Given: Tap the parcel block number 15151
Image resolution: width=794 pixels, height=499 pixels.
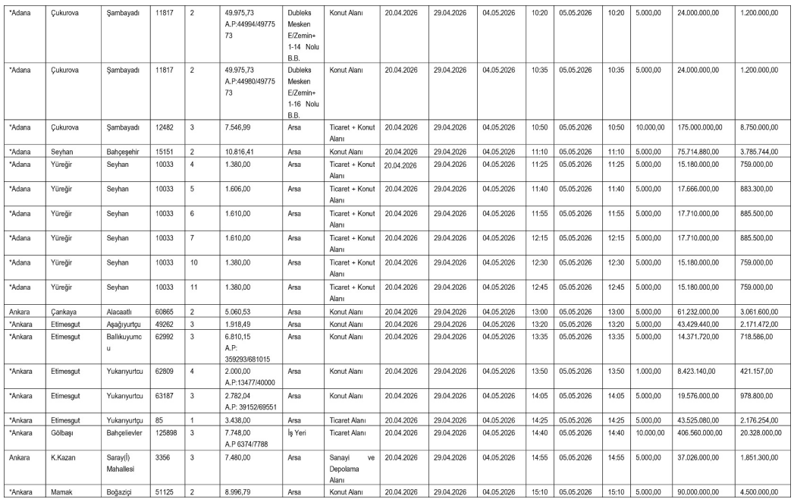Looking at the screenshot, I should [x=164, y=151].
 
